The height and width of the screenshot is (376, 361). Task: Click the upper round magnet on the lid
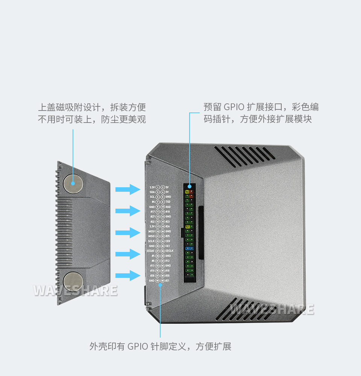tap(73, 184)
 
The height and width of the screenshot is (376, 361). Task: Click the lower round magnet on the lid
tap(73, 281)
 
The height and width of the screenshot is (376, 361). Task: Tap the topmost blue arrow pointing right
tap(127, 189)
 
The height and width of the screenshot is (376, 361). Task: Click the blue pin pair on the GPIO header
tap(189, 248)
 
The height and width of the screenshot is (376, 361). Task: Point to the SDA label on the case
tap(152, 192)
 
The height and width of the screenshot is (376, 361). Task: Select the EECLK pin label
tap(170, 251)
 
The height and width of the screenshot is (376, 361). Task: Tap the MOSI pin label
tap(152, 231)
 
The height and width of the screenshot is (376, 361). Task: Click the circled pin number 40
tap(162, 280)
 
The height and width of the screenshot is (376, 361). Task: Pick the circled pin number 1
tap(158, 187)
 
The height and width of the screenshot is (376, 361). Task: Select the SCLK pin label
tap(151, 241)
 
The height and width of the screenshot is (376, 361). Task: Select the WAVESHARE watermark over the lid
tap(75, 290)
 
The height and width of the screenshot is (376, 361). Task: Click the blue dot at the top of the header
tap(189, 186)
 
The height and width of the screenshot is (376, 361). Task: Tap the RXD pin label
tap(168, 207)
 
